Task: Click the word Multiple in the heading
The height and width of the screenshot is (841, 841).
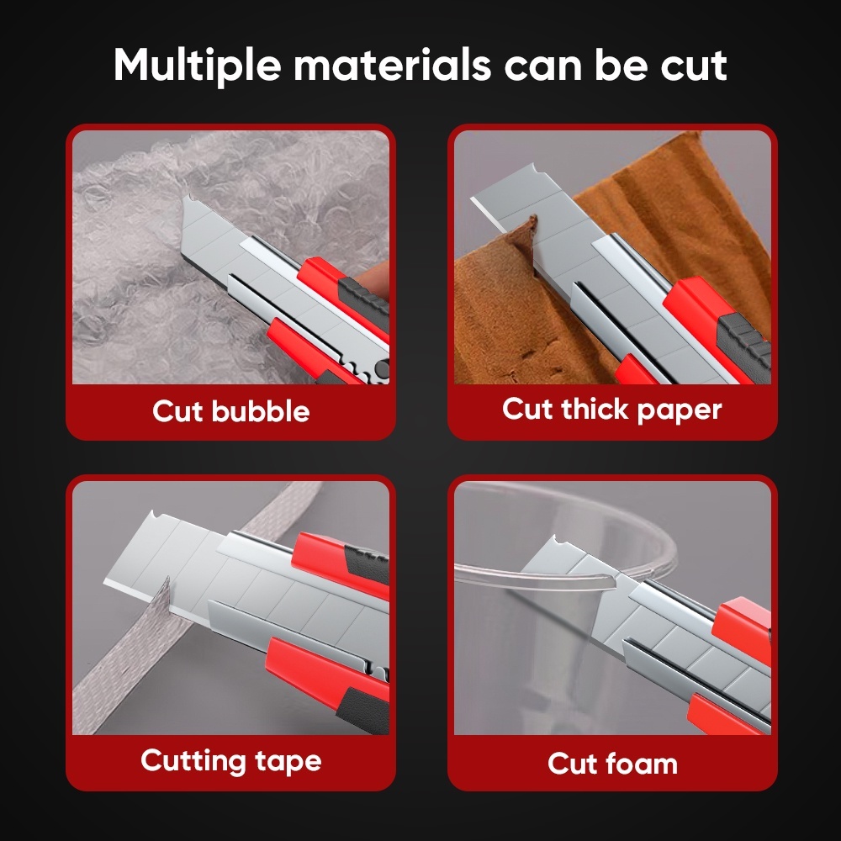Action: tap(197, 66)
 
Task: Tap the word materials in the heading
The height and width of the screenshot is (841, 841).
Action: tap(392, 66)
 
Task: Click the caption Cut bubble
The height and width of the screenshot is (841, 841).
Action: tap(231, 411)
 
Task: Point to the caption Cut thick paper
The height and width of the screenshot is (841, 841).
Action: tap(612, 410)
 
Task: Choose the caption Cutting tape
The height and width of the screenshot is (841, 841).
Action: tap(231, 762)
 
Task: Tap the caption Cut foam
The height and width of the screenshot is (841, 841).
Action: tap(612, 764)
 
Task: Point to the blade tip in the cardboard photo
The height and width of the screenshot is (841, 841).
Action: tap(473, 199)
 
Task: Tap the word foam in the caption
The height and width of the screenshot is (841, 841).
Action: tap(641, 764)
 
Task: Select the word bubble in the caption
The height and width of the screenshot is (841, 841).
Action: tap(261, 411)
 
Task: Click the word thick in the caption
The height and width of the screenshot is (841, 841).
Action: tap(595, 409)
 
